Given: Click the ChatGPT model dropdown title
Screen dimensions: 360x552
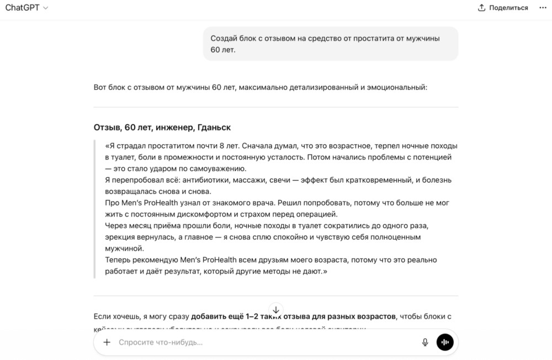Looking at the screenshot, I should (26, 8).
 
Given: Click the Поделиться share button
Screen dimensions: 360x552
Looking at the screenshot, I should (503, 8).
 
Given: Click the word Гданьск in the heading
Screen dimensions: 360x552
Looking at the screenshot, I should (214, 128).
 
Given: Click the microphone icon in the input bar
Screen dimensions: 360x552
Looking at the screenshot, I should (425, 342).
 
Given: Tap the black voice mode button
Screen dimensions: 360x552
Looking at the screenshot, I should (445, 342).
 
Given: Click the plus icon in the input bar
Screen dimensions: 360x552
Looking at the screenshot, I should (107, 342).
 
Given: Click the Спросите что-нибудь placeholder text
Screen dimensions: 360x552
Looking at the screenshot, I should (161, 342).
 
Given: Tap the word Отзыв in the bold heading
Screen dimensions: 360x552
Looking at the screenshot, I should (107, 128).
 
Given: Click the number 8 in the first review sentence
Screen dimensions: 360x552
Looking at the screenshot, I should (219, 146).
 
